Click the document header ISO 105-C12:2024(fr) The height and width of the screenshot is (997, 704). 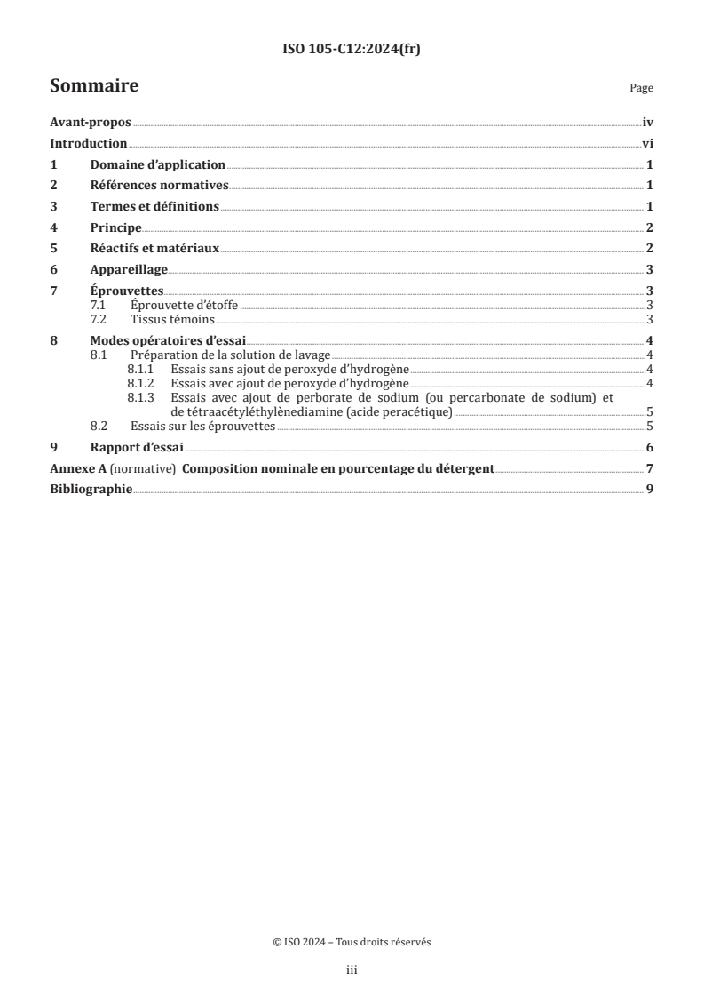tap(352, 48)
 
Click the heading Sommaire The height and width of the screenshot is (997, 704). tap(94, 86)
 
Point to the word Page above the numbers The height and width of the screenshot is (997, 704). tap(641, 89)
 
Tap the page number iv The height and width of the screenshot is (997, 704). tap(648, 124)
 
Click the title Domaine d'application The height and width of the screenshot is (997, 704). tap(158, 165)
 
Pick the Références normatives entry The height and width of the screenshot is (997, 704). tap(160, 186)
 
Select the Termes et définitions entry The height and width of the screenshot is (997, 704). tap(154, 206)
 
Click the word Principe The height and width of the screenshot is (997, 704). tap(116, 227)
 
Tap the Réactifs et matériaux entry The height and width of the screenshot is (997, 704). tap(154, 248)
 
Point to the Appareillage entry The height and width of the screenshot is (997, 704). tap(129, 269)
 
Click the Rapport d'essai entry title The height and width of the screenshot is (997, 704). tap(137, 447)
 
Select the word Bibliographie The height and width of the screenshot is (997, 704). tap(91, 489)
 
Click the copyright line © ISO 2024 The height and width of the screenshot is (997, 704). tap(352, 943)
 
